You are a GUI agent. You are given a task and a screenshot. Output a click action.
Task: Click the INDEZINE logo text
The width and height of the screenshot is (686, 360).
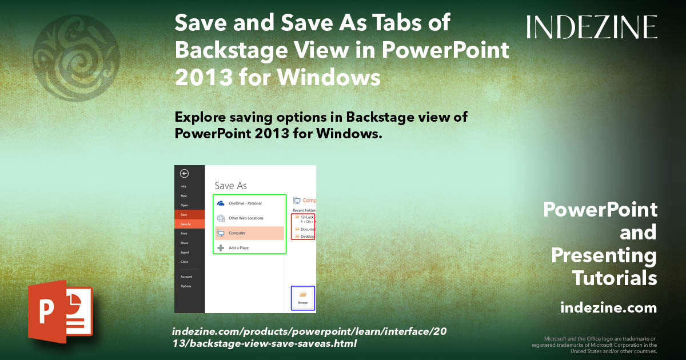[x=592, y=27]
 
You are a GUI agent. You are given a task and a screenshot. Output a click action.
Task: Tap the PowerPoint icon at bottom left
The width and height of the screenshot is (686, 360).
[x=60, y=311]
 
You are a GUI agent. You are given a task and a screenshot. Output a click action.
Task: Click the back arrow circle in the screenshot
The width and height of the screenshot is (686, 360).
[x=184, y=174]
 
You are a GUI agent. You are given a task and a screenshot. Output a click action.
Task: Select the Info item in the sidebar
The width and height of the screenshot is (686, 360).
[x=184, y=186]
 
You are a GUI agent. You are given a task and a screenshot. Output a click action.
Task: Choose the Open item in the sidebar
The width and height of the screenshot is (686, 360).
[x=184, y=205]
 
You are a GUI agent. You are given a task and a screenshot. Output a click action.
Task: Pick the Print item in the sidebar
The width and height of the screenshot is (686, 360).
[x=184, y=233]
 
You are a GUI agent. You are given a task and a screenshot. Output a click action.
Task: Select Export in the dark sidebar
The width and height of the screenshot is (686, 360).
[x=185, y=252]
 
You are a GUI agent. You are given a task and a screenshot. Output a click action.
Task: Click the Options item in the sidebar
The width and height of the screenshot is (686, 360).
[x=186, y=286]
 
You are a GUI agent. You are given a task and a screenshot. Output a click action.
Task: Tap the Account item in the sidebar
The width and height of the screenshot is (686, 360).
[x=186, y=277]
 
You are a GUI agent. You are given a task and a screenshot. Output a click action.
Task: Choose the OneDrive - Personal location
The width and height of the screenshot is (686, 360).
[x=245, y=203]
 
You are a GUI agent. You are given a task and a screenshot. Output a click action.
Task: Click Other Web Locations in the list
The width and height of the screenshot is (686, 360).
[x=246, y=218]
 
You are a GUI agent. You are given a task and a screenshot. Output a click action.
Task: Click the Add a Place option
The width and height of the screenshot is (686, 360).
[x=238, y=248]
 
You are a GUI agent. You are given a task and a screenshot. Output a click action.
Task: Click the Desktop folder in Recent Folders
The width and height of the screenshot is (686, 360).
[x=306, y=236]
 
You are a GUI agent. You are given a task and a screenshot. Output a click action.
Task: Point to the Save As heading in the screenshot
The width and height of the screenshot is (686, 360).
[x=230, y=186]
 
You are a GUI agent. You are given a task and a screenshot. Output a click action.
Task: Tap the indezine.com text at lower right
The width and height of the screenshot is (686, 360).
[x=609, y=308]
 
